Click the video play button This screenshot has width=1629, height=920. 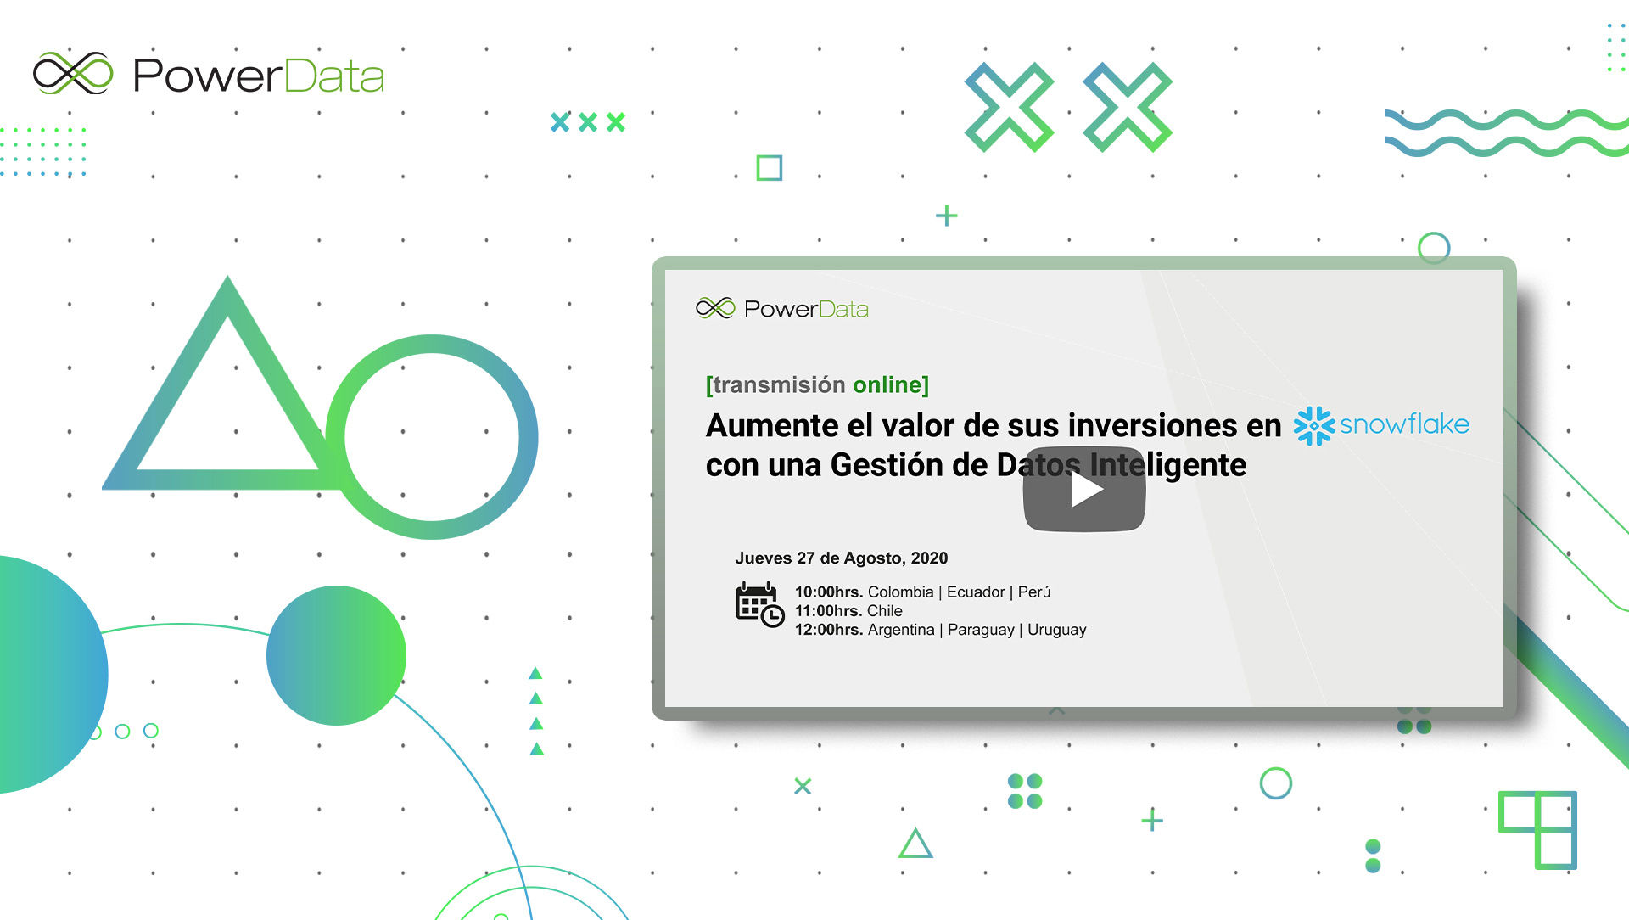[x=1084, y=489]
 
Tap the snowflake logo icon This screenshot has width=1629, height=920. [x=1313, y=425]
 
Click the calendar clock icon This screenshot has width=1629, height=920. [x=759, y=604]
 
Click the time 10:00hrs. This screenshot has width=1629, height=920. [x=829, y=592]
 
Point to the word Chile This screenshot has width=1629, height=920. [x=885, y=611]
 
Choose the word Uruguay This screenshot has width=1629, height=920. [x=1057, y=630]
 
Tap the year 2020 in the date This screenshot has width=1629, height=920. [x=929, y=558]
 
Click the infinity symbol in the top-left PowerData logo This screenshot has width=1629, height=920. [x=73, y=73]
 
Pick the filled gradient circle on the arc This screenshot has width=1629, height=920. [x=336, y=655]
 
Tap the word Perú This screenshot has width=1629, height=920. [x=1034, y=592]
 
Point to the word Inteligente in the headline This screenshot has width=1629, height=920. [x=1168, y=465]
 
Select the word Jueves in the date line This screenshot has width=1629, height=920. [x=763, y=558]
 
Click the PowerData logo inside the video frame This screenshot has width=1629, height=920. [x=782, y=308]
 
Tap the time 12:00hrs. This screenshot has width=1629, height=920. [x=829, y=630]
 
